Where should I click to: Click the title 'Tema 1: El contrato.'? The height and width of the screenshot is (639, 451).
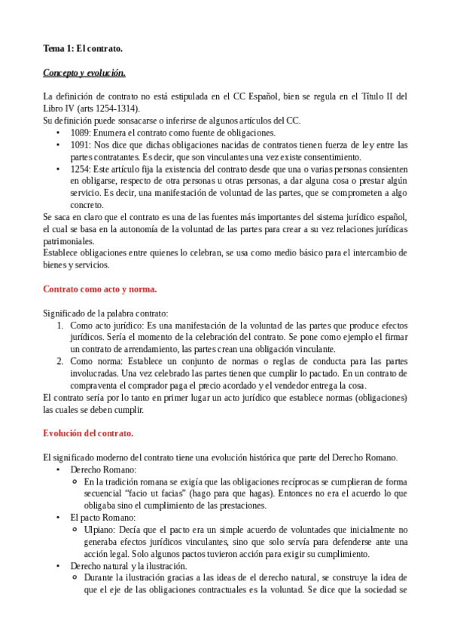point(83,49)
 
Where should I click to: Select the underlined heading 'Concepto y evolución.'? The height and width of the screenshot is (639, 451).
point(84,73)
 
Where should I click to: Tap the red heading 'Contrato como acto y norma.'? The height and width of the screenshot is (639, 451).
point(100,289)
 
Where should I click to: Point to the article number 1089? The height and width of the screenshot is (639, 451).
point(81,133)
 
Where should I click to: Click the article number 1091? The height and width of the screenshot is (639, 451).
point(81,145)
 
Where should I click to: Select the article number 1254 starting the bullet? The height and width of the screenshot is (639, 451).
point(81,169)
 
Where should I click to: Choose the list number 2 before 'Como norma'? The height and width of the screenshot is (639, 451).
point(61,361)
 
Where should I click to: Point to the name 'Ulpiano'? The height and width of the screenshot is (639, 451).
point(101,529)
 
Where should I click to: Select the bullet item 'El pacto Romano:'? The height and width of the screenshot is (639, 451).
point(102,517)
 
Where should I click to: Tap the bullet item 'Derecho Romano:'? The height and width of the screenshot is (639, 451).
point(103,469)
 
